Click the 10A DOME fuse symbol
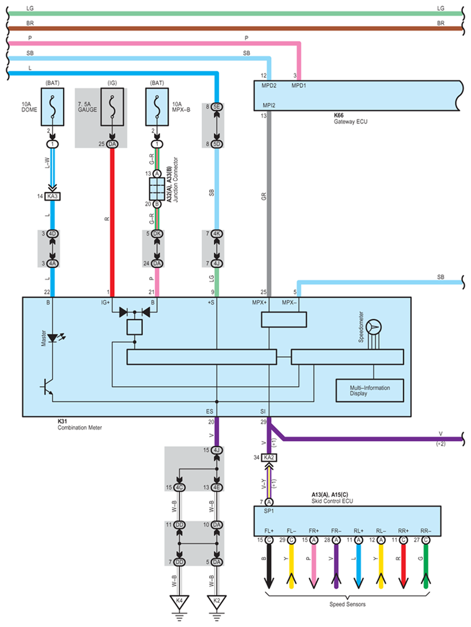(x=52, y=107)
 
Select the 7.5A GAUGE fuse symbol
(x=112, y=107)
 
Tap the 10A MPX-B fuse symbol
(x=157, y=107)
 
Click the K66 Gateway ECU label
(x=350, y=118)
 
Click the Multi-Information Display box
(x=370, y=390)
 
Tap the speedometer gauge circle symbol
(x=374, y=327)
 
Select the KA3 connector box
(x=52, y=196)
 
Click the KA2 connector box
(x=269, y=457)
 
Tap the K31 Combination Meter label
(x=79, y=424)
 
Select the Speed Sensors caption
(x=348, y=604)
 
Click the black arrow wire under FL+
(x=269, y=566)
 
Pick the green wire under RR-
(x=426, y=566)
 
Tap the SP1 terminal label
(x=269, y=511)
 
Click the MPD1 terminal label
(x=298, y=86)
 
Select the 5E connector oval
(x=217, y=107)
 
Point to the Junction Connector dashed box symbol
(x=157, y=189)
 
